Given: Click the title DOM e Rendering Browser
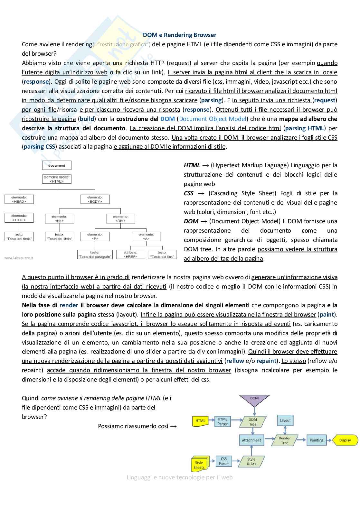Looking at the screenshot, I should point(179,35).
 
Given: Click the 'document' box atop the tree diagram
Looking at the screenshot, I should point(57,166).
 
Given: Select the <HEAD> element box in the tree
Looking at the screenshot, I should point(19,199).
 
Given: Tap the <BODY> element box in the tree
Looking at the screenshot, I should point(95,199).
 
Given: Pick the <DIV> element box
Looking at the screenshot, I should point(120,219).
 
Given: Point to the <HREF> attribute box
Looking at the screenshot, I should point(130,254).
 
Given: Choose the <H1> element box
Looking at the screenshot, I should point(59,219).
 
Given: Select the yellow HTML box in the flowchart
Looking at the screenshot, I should point(200,421).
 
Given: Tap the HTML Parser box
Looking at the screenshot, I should point(223,421).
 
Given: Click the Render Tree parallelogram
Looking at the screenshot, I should point(285,440).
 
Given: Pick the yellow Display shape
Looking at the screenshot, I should point(345,440).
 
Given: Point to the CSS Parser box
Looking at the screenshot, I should point(224,461).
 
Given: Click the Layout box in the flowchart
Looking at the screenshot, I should point(285,420).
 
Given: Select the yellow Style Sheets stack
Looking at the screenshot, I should point(199,464).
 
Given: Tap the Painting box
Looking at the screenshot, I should point(317,440).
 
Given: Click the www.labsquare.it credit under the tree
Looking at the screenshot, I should point(19,258).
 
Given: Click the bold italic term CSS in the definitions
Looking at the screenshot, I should point(189,193).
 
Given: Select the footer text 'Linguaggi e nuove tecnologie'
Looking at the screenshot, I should point(179,477).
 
